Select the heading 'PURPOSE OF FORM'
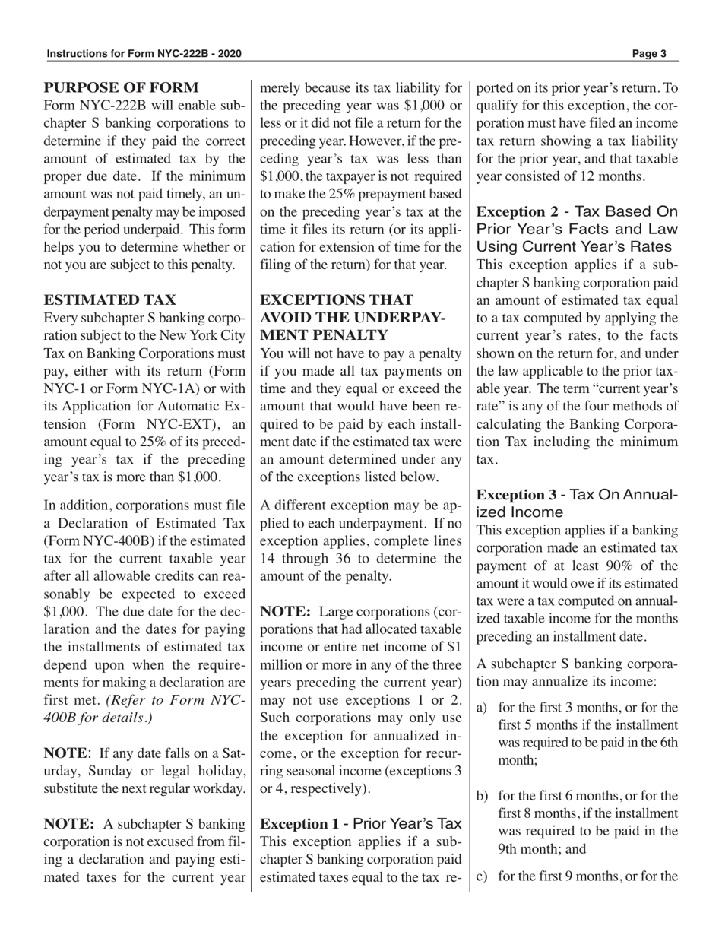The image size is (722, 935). coord(121,88)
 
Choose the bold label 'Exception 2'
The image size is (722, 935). coord(515,211)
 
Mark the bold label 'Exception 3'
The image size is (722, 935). coord(515,495)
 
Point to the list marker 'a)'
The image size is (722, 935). coord(482,708)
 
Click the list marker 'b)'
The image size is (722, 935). coord(482,796)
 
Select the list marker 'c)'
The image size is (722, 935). coord(482,876)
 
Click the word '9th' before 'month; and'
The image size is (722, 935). coord(511,848)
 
